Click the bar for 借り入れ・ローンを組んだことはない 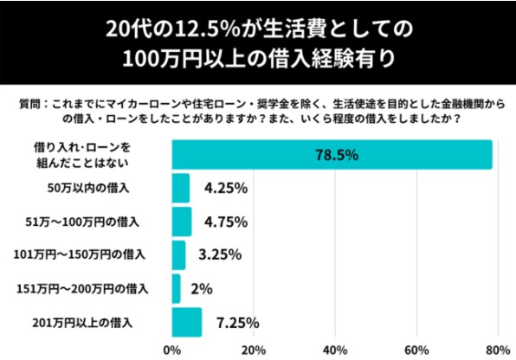tap(332, 155)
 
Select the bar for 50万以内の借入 tap(180, 188)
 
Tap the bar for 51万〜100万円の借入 tap(181, 221)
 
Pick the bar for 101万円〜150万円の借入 tap(178, 255)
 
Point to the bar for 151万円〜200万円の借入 tap(176, 288)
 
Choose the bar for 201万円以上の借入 tap(186, 322)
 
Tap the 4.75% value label tap(226, 221)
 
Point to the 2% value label tap(202, 288)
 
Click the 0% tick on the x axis tap(171, 350)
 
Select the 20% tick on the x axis tap(252, 350)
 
